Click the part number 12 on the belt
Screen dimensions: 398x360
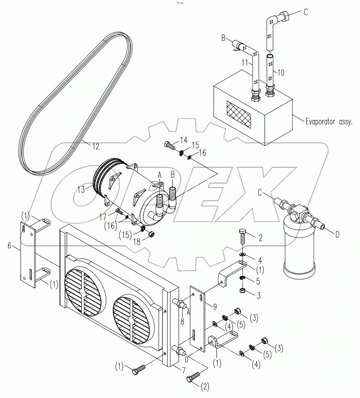coord(95,147)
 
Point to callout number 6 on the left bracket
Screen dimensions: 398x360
coord(10,245)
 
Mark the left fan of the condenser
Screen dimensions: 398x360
coord(84,293)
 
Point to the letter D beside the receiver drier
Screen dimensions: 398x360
coord(337,234)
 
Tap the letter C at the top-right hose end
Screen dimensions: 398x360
coord(306,12)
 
